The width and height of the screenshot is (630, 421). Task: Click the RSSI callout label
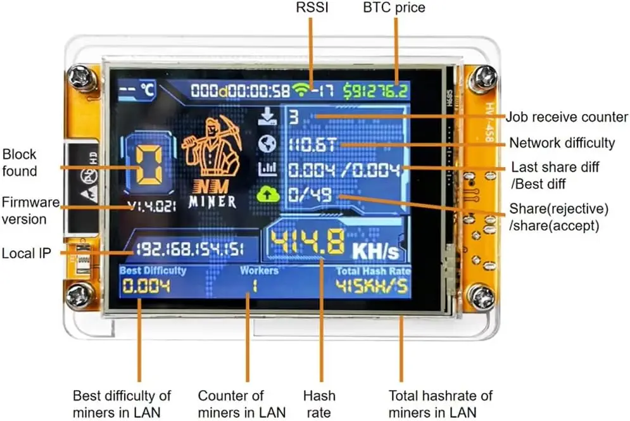(x=312, y=7)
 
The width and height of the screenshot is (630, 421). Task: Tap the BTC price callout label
(x=394, y=8)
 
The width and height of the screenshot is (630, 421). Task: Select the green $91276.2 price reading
(x=375, y=91)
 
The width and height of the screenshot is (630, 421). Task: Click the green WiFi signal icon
(x=301, y=89)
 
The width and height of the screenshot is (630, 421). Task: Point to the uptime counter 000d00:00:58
(x=240, y=91)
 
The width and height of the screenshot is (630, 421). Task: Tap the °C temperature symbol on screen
(x=148, y=89)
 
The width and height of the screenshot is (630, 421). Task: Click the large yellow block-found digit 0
(x=149, y=165)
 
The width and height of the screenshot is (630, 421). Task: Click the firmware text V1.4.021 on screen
(x=151, y=206)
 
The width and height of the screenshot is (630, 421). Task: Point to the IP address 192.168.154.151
(x=190, y=249)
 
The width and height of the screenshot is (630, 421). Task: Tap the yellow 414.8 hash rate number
(x=308, y=242)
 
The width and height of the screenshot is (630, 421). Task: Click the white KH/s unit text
(x=375, y=251)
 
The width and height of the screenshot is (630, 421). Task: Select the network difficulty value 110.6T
(x=312, y=144)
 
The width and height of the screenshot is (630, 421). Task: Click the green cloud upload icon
(x=268, y=195)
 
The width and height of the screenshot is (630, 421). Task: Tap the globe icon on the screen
(x=267, y=144)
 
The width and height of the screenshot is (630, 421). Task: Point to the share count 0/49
(x=310, y=195)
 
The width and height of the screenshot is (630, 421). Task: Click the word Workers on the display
(x=259, y=270)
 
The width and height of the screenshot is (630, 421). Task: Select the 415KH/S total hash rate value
(x=372, y=286)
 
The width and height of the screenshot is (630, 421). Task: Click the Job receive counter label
(x=567, y=117)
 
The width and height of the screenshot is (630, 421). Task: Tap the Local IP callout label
(x=27, y=253)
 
